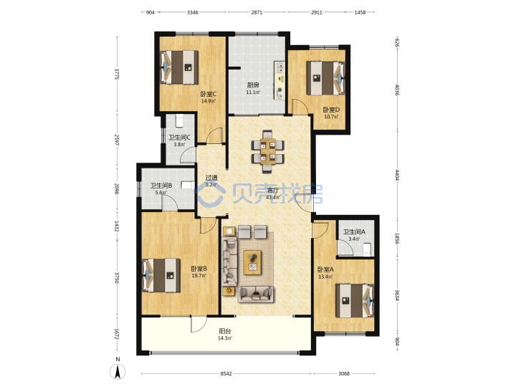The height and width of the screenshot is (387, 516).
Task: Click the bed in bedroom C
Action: [x=179, y=67]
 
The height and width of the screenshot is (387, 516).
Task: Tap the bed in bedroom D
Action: [x=326, y=78]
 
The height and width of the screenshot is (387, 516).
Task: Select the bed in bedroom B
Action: [x=161, y=275]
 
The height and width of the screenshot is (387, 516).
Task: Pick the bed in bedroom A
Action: [x=355, y=301]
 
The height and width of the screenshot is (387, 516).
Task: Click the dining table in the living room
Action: [x=268, y=151]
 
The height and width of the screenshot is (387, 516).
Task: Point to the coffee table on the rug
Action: [x=252, y=262]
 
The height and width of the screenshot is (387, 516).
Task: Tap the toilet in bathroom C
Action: [x=179, y=121]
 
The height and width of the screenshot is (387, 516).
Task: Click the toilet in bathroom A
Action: [x=367, y=249]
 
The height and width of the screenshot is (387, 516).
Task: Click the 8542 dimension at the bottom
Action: [x=226, y=373]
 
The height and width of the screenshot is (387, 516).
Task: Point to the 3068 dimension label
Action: [x=344, y=373]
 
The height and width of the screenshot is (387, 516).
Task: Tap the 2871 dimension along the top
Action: [x=257, y=12]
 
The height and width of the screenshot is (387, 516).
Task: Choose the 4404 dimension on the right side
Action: [x=397, y=175]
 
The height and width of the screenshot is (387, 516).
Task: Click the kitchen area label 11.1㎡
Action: [x=253, y=92]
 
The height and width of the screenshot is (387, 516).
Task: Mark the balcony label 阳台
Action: [x=225, y=331]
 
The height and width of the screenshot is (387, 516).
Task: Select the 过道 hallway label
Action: [x=211, y=178]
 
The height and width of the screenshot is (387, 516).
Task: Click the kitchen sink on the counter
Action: [x=280, y=68]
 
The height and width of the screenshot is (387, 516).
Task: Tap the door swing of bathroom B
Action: [x=170, y=201]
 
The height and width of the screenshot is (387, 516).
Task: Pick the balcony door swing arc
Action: [x=198, y=323]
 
